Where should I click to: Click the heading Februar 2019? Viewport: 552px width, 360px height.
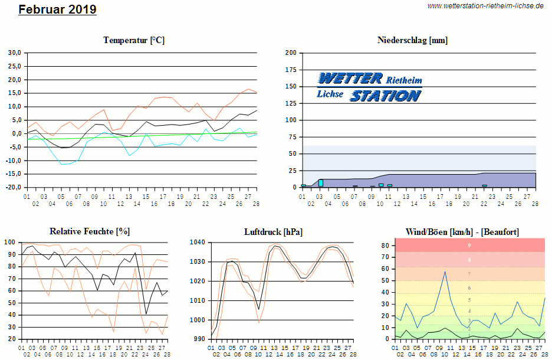tap(57, 9)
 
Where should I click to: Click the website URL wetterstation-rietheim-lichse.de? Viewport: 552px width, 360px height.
tap(485, 5)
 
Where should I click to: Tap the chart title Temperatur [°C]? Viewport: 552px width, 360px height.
tap(134, 40)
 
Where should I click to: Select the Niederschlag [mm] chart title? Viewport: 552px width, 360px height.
tap(412, 40)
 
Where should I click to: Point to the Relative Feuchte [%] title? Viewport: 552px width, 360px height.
tap(89, 231)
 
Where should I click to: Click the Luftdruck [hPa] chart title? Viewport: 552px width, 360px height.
tap(273, 231)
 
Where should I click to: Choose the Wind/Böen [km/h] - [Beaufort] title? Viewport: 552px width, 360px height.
tap(462, 231)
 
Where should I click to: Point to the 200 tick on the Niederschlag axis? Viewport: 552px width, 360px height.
tap(290, 53)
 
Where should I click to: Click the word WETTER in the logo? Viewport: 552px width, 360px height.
tap(349, 78)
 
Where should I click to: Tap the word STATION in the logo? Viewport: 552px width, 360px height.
tap(386, 95)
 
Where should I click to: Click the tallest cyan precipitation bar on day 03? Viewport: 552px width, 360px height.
tap(320, 183)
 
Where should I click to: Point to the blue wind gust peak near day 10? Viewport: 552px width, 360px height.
tap(445, 271)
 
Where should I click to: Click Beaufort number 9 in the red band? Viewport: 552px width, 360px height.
tap(469, 245)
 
